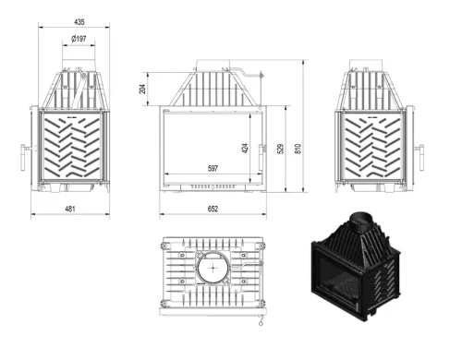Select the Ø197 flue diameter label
(80, 40)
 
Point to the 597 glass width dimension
(212, 169)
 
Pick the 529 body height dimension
(282, 149)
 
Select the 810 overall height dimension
(298, 149)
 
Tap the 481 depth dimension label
(70, 210)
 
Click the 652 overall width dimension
(212, 210)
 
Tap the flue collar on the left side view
(80, 69)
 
